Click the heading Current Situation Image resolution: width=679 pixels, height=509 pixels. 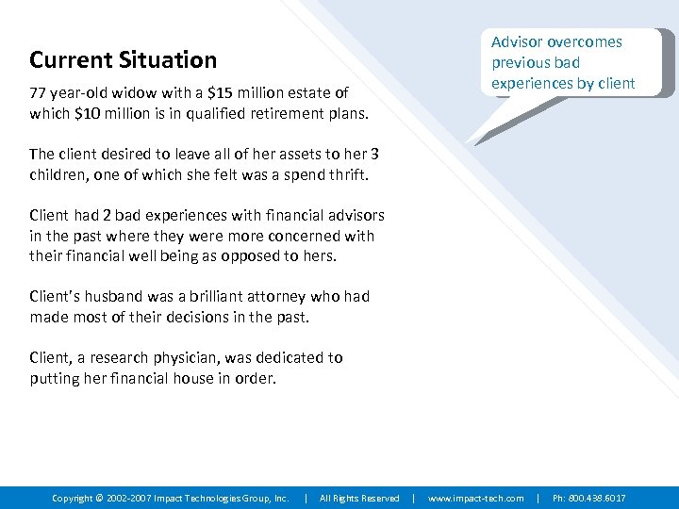coord(123,60)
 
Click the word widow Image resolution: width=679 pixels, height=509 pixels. coord(131,93)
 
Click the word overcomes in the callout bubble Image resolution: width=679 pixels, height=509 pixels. coord(587,42)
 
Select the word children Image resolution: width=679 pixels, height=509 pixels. coord(58,175)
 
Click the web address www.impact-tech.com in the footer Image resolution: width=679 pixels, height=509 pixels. coord(476,498)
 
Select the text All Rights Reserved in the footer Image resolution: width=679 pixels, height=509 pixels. coord(359,498)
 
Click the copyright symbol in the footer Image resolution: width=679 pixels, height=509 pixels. coord(100,498)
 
